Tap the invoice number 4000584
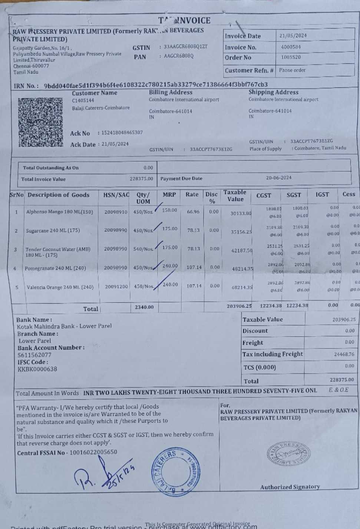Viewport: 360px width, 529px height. pos(291,47)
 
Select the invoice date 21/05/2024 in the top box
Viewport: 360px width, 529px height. pos(293,36)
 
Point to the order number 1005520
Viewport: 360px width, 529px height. pos(291,57)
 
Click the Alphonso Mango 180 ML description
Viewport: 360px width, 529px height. pos(59,212)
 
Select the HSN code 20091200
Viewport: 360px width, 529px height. pos(116,287)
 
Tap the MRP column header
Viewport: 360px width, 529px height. pos(169,195)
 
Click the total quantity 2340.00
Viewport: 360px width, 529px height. pos(144,307)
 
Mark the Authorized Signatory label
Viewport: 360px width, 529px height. pos(290,487)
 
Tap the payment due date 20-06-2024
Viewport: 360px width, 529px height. pos(279,178)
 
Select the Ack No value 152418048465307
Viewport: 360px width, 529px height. pos(122,133)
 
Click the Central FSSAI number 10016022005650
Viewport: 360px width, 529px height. pos(93,452)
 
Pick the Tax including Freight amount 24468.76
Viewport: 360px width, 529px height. pos(344,354)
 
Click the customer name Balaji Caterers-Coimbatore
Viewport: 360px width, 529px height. pos(101,108)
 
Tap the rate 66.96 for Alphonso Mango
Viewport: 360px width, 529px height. pos(193,212)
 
